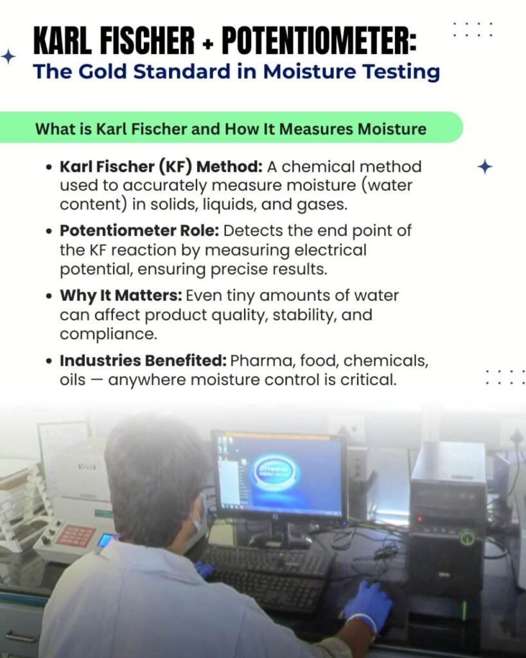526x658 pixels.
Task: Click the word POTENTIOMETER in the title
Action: click(x=319, y=40)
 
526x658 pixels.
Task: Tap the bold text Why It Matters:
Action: click(x=121, y=296)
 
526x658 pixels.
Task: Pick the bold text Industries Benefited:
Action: click(x=143, y=360)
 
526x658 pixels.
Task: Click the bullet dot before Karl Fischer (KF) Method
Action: click(x=49, y=168)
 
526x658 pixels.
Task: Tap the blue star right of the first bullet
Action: click(x=485, y=167)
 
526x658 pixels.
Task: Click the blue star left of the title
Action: click(x=8, y=57)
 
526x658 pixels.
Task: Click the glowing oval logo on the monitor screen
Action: click(x=275, y=472)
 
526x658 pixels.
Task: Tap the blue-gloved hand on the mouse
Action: click(x=368, y=604)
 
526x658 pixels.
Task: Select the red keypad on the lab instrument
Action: click(x=76, y=535)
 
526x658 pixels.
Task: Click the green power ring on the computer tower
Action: click(x=467, y=538)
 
